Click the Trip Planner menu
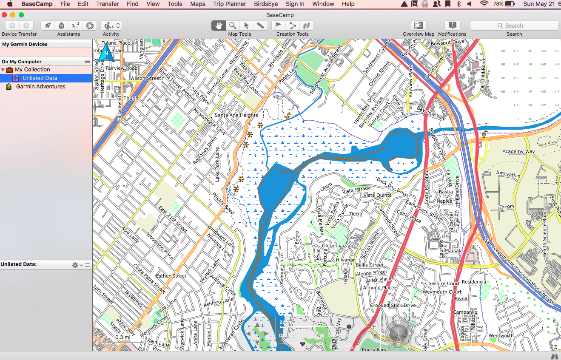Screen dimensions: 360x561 pos(229,4)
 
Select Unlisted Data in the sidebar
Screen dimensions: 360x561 pos(40,78)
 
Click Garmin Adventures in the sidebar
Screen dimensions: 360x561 pos(40,87)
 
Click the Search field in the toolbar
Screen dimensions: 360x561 pos(514,26)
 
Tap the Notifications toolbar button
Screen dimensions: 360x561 pos(452,26)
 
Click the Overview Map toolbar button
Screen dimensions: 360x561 pos(419,26)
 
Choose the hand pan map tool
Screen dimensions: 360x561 pos(219,26)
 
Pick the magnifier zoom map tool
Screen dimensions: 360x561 pos(232,26)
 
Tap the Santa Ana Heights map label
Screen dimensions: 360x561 pos(236,115)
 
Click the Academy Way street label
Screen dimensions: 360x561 pos(518,152)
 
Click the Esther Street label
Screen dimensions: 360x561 pos(171,276)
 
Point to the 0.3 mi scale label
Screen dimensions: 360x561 pos(122,337)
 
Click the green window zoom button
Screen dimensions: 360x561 pos(21,15)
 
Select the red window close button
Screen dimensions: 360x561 pos(5,15)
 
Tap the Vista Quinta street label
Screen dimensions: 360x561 pos(377,195)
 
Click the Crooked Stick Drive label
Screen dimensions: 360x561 pos(393,306)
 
